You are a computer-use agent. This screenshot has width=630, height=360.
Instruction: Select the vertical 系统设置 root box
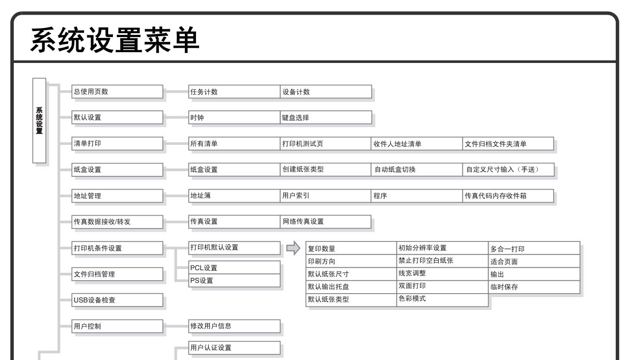click(39, 121)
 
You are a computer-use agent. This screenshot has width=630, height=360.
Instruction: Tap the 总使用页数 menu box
click(117, 91)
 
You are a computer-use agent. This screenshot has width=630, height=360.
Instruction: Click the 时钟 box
click(234, 117)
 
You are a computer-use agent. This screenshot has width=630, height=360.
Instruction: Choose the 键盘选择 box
click(326, 117)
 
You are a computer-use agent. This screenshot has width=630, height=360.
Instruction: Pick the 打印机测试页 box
click(326, 144)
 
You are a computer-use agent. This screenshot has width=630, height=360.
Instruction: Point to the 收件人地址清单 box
click(417, 144)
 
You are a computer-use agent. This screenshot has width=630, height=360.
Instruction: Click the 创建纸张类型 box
click(326, 169)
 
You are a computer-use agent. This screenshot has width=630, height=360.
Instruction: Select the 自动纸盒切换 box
click(417, 169)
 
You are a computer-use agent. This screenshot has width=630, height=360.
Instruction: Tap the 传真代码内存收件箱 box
click(508, 196)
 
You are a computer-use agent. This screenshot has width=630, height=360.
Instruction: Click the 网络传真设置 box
click(326, 222)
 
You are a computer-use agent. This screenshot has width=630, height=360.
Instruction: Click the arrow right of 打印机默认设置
click(293, 248)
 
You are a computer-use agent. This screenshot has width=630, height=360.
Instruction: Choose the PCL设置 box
click(234, 267)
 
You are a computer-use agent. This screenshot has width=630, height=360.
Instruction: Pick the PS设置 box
click(234, 280)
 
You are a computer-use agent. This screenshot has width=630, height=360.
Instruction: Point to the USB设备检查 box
click(117, 300)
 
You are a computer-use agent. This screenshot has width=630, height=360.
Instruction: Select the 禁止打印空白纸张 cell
click(442, 260)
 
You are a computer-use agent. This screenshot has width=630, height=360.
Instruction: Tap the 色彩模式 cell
click(442, 298)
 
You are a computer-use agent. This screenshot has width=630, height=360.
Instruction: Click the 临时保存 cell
click(534, 287)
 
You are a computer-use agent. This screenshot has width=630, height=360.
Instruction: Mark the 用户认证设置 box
click(234, 347)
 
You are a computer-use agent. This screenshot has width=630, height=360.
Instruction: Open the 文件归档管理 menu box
click(117, 274)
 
